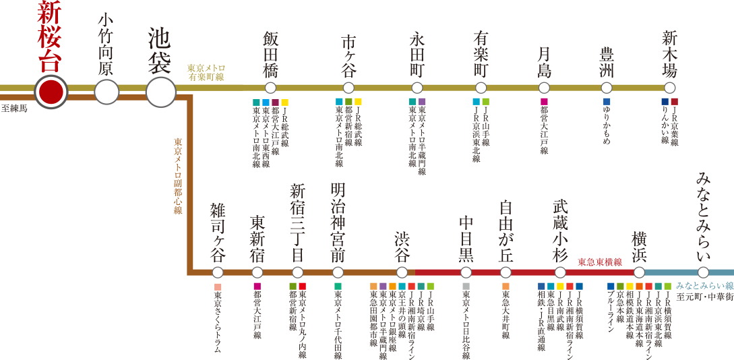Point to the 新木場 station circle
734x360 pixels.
click(669, 88)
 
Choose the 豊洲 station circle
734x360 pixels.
click(607, 88)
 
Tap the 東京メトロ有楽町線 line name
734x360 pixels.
click(206, 73)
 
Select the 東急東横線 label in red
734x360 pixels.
click(600, 262)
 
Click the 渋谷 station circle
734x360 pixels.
click(402, 272)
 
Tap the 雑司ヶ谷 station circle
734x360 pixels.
click(217, 272)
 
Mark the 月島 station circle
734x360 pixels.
click(544, 88)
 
